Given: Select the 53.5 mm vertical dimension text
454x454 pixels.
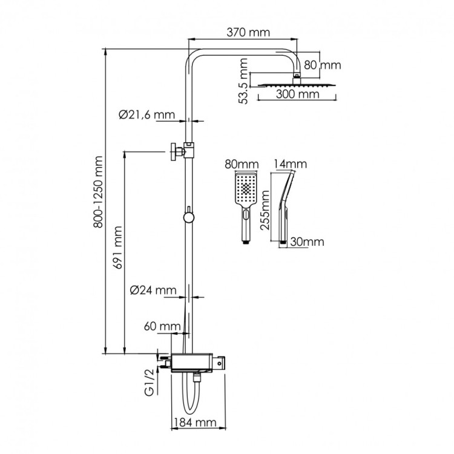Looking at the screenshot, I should click(x=243, y=81).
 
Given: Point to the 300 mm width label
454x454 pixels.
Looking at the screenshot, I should click(x=295, y=94).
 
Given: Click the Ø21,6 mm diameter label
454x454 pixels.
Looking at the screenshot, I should click(x=146, y=114).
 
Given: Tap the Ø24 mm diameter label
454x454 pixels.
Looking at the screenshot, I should click(x=153, y=290).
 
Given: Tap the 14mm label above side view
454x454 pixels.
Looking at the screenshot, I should click(x=291, y=164).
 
